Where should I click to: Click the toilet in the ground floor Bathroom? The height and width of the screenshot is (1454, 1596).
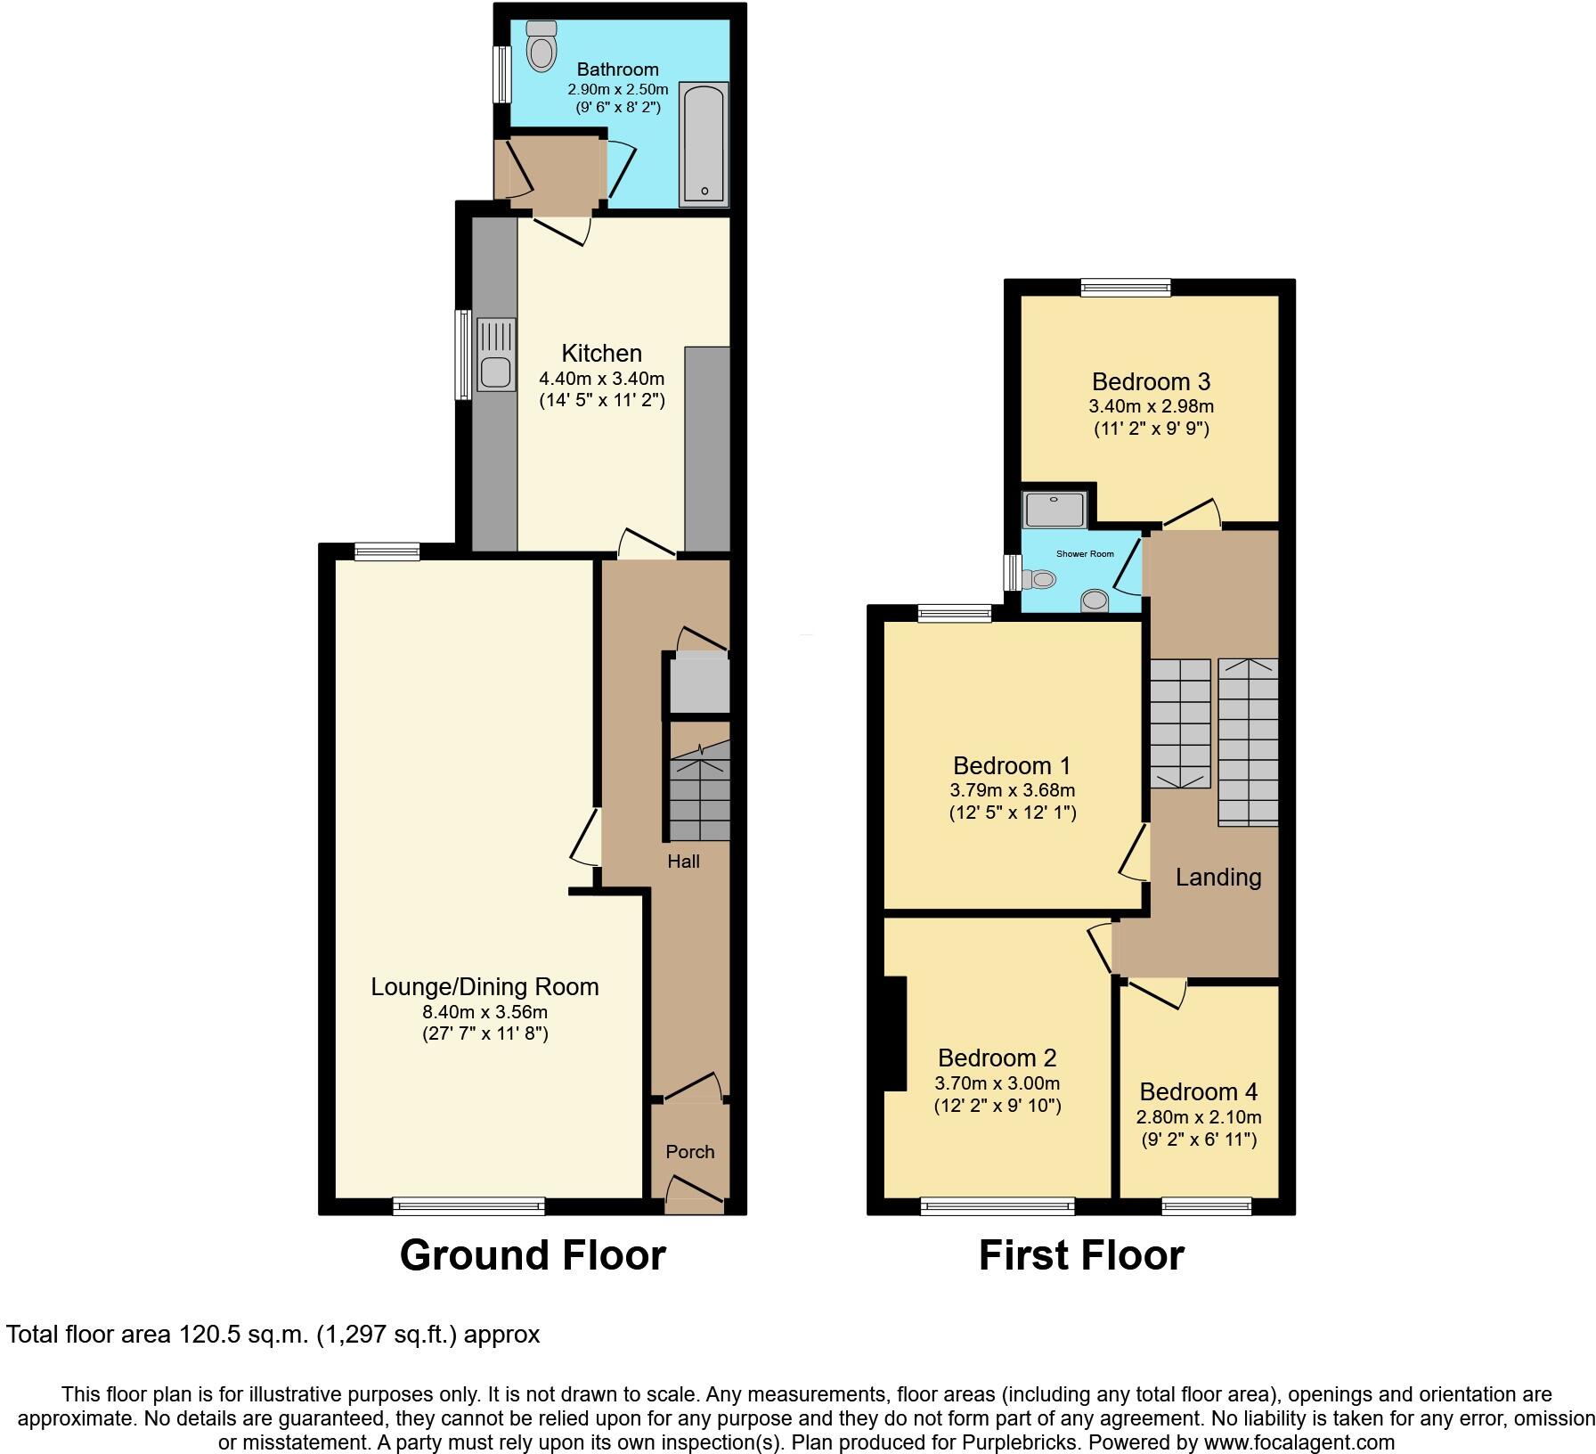[541, 46]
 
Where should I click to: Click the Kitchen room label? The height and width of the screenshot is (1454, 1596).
[601, 353]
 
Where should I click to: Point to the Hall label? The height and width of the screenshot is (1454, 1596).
[684, 862]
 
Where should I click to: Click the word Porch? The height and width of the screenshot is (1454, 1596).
[690, 1151]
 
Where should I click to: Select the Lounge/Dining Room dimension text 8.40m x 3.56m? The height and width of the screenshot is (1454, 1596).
[484, 1012]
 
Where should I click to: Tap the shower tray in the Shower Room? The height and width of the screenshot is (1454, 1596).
[1054, 510]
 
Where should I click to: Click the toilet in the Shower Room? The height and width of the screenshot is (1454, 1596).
[1038, 579]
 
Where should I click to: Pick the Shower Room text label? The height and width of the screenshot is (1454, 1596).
[1085, 554]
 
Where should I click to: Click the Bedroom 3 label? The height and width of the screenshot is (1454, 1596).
[1151, 382]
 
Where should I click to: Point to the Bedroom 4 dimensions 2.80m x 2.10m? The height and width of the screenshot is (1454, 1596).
[1198, 1117]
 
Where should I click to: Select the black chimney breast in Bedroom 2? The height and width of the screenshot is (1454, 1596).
[894, 1033]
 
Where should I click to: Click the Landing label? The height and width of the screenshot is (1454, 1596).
[1217, 878]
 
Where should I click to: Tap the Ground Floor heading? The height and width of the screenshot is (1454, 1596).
[533, 1255]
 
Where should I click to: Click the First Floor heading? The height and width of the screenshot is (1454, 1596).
[1081, 1255]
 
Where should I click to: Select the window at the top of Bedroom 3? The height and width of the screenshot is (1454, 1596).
[1126, 287]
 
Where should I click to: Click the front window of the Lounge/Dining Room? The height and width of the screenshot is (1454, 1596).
[468, 1206]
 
